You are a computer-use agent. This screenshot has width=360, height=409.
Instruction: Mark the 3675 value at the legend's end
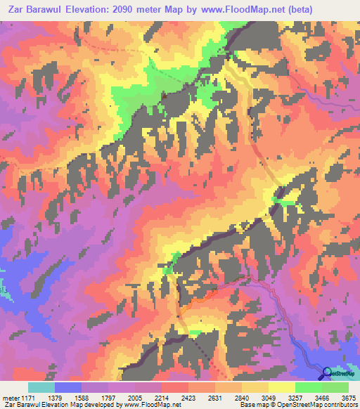pyautogui.click(x=349, y=397)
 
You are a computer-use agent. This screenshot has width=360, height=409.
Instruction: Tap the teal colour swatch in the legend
pyautogui.click(x=41, y=387)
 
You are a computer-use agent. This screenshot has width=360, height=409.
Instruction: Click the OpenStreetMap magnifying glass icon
pyautogui.click(x=328, y=372)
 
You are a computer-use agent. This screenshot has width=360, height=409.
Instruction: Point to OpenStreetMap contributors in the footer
pyautogui.click(x=317, y=405)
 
